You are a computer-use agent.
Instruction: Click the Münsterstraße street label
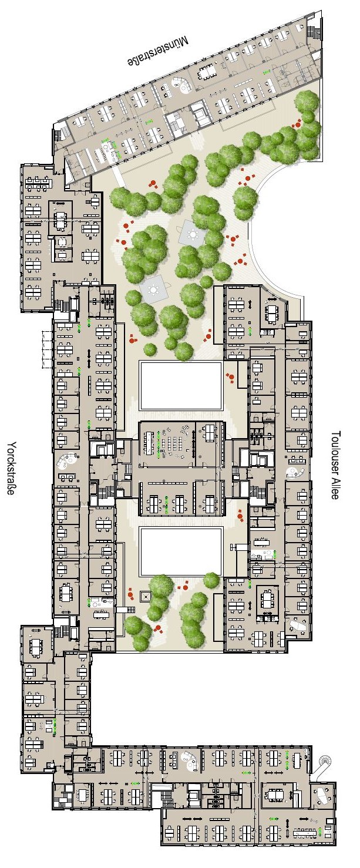coord(159,51)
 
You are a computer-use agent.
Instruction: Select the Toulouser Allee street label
coord(335,465)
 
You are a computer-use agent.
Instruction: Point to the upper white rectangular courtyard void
coord(181,386)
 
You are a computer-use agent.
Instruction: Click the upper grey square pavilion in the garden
coord(192,233)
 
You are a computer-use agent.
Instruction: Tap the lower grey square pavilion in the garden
coord(155,288)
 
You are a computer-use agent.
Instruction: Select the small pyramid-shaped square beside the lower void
coord(145,596)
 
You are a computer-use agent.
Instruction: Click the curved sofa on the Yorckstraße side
coord(66,460)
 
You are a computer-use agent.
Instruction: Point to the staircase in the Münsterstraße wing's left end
coord(58,134)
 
